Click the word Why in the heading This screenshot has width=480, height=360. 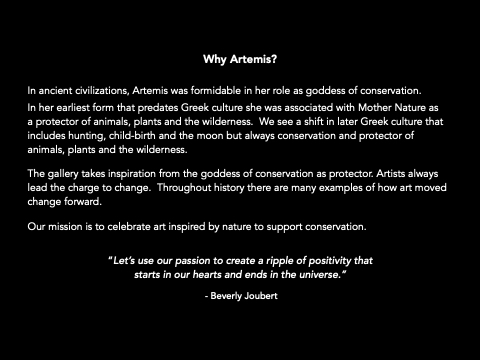click(215, 60)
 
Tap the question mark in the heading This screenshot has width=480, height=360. click(274, 59)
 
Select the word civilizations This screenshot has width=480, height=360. click(102, 91)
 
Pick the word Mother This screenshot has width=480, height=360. click(375, 108)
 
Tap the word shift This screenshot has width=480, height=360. click(314, 121)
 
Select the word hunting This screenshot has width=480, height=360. click(87, 136)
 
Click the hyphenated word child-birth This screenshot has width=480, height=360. click(132, 135)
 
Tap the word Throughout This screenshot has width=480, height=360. click(184, 188)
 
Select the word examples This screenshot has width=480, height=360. click(341, 188)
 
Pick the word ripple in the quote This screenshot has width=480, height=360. click(279, 261)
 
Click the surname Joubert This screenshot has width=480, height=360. click(261, 296)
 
